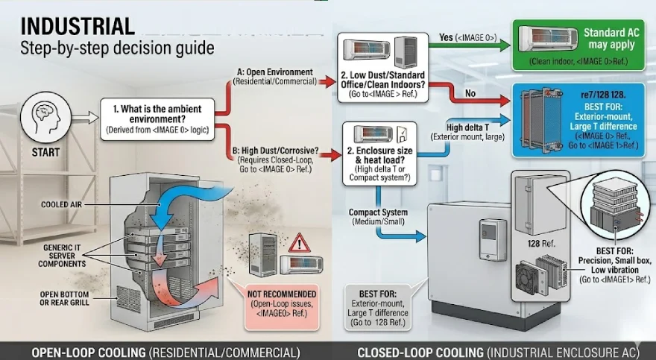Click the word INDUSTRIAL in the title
tap(78, 26)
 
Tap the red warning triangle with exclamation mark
tap(300, 242)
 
